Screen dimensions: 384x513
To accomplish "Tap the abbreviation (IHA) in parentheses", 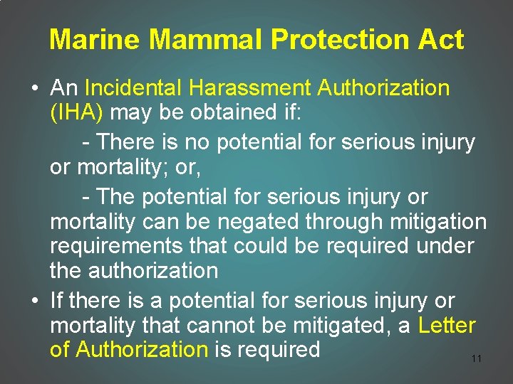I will [x=77, y=113].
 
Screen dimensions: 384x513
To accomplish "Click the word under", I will [x=455, y=246].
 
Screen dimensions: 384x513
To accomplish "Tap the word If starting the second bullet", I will [x=56, y=301].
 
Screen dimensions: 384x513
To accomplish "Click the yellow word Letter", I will [x=447, y=326].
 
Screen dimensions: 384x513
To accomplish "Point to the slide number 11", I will [x=477, y=358].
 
